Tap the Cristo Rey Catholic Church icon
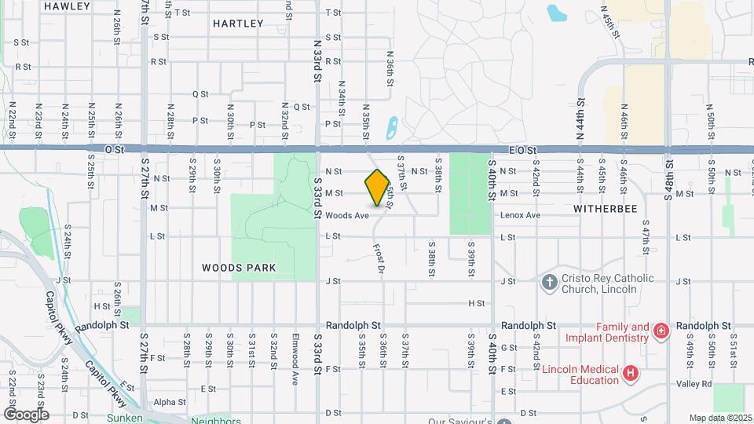550,282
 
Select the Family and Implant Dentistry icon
661,331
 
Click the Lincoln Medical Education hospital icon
629,375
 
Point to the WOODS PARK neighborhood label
239,268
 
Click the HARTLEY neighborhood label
238,24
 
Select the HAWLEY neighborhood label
64,6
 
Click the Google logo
25,414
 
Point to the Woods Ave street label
347,215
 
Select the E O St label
522,149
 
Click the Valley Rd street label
695,384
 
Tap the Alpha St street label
170,402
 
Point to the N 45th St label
610,24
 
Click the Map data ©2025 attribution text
719,418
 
